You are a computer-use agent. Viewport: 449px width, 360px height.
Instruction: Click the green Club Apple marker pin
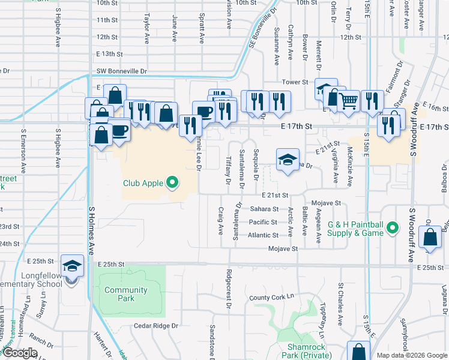173,182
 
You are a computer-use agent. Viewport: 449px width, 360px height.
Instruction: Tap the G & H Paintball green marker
392,228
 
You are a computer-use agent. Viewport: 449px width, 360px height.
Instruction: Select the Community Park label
125,294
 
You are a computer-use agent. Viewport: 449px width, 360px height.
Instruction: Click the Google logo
19,353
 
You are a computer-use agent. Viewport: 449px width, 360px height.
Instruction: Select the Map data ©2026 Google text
411,355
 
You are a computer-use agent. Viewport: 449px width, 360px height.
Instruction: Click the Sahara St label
264,209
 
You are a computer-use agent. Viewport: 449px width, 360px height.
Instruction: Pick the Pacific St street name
264,223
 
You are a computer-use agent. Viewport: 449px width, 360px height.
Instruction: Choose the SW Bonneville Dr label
122,71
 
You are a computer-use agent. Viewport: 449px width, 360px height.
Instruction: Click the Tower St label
295,82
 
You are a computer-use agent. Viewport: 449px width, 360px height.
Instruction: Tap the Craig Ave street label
220,221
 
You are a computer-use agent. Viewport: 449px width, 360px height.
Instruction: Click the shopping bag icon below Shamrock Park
358,352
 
